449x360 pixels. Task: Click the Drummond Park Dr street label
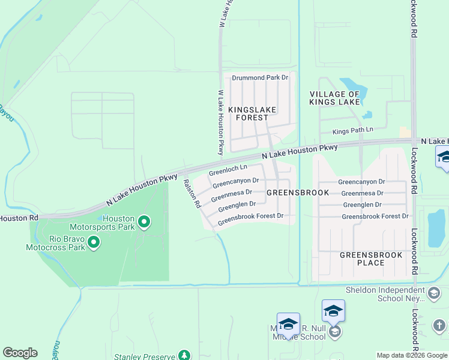coord(261,77)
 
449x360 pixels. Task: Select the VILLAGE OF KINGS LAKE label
coord(335,98)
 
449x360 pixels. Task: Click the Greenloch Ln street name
coord(228,170)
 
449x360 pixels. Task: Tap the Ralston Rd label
coord(191,194)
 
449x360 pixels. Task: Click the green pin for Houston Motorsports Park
coord(144,223)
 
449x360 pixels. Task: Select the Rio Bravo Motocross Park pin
coord(94,242)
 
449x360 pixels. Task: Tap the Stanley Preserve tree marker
coord(185,355)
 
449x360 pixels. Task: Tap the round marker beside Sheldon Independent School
coord(434,293)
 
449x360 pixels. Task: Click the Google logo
coord(20,353)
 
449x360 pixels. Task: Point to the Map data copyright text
coord(412,355)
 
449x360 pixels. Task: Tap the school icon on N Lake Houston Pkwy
coord(444,157)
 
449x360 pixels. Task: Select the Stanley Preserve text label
coord(148,355)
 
